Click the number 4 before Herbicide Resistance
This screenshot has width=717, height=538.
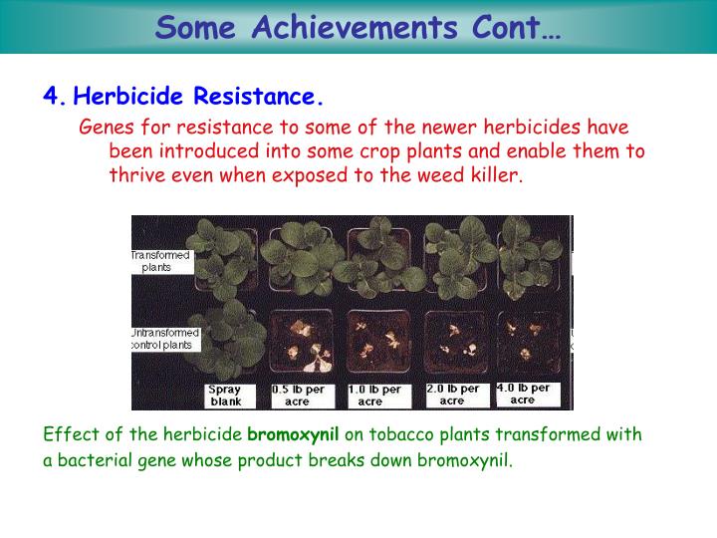click(49, 97)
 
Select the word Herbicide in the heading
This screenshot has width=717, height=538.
click(130, 97)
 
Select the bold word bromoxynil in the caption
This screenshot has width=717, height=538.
click(293, 435)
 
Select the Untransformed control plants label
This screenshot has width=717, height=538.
click(165, 338)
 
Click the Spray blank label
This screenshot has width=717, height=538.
click(225, 396)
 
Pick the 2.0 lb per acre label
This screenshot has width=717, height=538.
click(452, 395)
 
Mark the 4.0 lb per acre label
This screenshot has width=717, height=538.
click(524, 394)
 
